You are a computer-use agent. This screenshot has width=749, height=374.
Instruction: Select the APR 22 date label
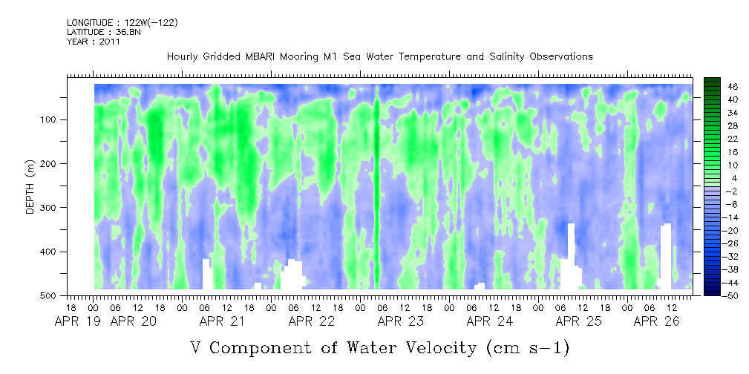click(x=312, y=321)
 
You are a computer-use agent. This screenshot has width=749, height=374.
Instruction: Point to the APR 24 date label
click(x=490, y=321)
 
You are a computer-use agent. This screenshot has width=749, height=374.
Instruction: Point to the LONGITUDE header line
click(x=122, y=22)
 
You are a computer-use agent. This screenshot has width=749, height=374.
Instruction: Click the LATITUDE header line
click(x=99, y=32)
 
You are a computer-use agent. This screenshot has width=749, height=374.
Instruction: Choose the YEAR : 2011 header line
click(x=93, y=42)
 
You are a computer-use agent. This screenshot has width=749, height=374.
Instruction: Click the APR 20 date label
click(x=134, y=321)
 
